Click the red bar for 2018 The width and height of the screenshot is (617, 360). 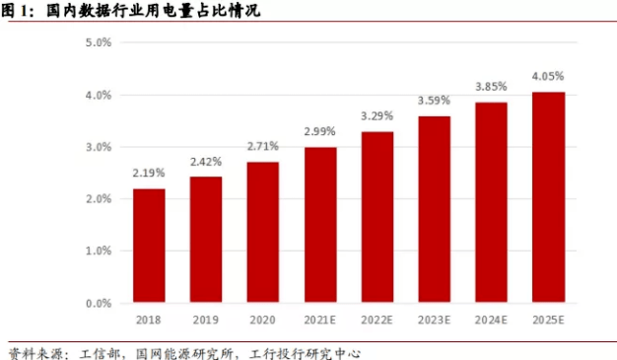[149, 247]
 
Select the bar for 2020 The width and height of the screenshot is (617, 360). [263, 233]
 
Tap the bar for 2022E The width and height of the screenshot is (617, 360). [377, 218]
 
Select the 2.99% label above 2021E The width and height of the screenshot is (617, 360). [320, 131]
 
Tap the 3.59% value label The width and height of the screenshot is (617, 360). [435, 101]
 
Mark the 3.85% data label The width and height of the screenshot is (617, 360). [492, 87]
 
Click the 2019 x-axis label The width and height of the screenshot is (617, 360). [206, 321]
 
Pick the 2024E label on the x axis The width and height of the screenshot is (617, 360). [492, 321]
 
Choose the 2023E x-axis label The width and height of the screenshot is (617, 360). [435, 321]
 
